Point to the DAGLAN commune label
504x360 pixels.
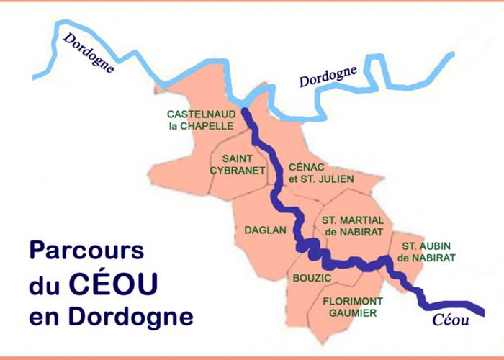click(x=266, y=230)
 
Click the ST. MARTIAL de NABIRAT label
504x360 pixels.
click(x=353, y=225)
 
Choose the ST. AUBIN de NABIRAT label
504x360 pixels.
click(x=428, y=252)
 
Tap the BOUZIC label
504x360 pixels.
click(x=312, y=277)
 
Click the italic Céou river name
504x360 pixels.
click(x=451, y=321)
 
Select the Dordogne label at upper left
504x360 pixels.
click(x=89, y=54)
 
